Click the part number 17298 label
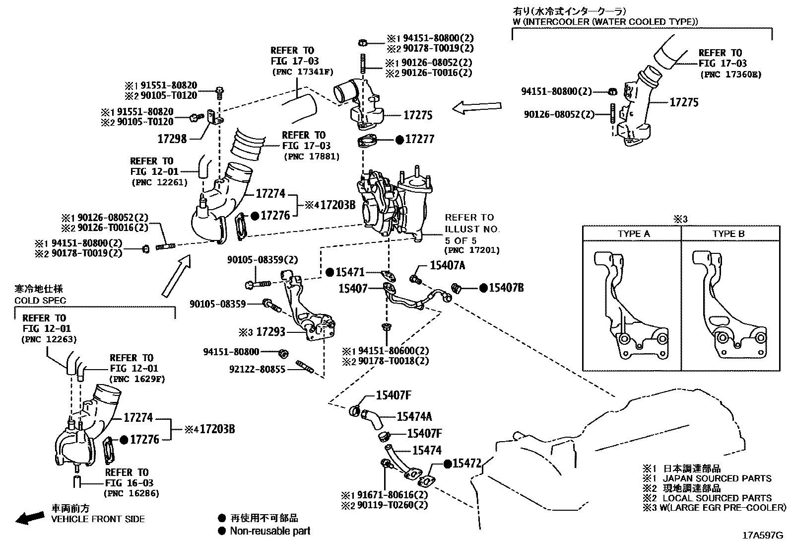pos(172,139)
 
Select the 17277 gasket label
pos(419,140)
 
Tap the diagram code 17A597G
pos(762,536)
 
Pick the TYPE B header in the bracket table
pos(728,234)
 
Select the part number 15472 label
pos(467,464)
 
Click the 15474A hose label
pos(414,417)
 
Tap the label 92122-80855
pos(258,370)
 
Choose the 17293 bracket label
pos(270,331)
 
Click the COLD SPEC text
pos(40,301)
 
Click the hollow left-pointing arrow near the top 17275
pos(476,107)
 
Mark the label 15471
pos(350,272)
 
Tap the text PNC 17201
pos(471,250)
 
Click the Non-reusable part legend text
pos(270,531)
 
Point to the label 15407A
pos(447,266)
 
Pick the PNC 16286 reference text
pos(131,494)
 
